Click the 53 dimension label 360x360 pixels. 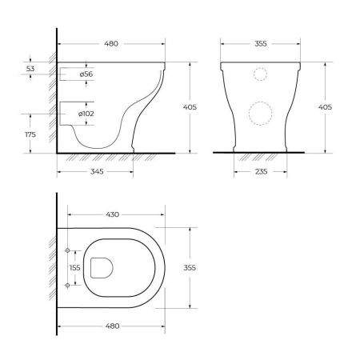click(30, 69)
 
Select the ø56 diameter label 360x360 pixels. click(86, 74)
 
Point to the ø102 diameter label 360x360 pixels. click(86, 114)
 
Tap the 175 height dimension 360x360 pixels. click(30, 134)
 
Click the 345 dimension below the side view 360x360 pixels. click(97, 171)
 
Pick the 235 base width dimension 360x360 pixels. click(261, 171)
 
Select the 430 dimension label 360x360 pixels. click(112, 214)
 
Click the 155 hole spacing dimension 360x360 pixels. click(74, 267)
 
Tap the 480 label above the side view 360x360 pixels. click(111, 43)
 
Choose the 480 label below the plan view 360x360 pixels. click(112, 326)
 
